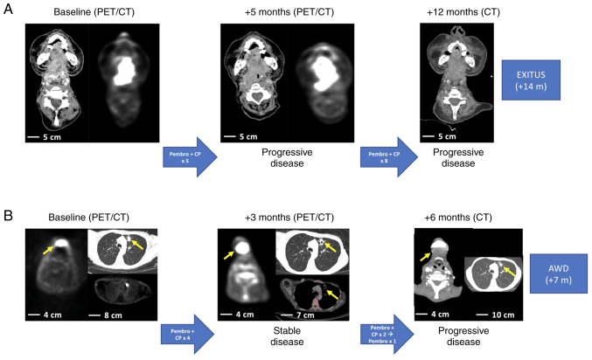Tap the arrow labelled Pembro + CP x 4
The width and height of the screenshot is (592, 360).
tap(185, 334)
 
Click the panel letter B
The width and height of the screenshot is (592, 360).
tap(8, 212)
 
